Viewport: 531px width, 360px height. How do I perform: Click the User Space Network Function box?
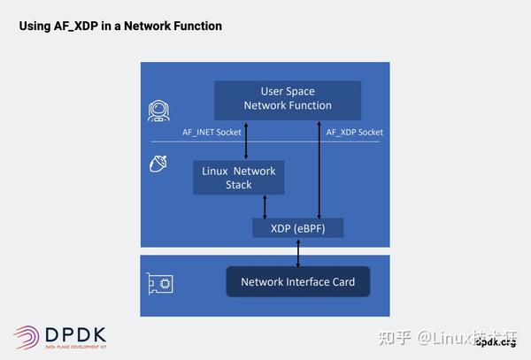[x=288, y=98]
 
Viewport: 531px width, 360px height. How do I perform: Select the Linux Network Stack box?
[x=238, y=178]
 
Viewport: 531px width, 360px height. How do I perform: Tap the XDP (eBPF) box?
[x=297, y=228]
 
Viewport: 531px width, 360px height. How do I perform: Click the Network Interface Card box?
[x=297, y=282]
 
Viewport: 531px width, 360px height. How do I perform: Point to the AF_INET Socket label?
[x=211, y=132]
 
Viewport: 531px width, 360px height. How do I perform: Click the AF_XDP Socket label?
[x=354, y=132]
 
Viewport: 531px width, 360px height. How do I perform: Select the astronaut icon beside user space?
[x=159, y=111]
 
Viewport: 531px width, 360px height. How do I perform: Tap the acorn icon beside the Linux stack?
[x=159, y=163]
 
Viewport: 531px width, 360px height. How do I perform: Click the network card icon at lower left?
[x=160, y=283]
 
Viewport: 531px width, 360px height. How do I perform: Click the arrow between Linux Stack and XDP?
[x=265, y=207]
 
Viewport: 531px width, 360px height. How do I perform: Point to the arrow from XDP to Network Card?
[x=298, y=252]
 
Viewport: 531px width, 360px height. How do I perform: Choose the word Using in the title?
[x=35, y=27]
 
